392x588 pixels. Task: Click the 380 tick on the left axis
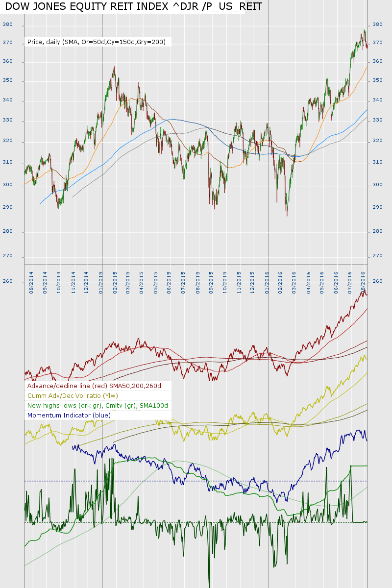(7, 24)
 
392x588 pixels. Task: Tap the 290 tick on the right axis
(378, 207)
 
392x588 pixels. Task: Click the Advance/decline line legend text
(95, 386)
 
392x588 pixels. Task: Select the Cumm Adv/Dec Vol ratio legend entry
(73, 396)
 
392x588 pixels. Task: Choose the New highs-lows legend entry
(98, 406)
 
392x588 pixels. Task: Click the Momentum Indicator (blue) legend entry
(69, 416)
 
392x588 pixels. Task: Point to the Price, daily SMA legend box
(97, 43)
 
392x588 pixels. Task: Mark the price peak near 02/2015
(115, 68)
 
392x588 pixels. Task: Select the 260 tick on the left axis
(7, 282)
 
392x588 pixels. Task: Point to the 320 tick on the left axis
(7, 142)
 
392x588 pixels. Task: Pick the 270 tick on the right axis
(378, 256)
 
